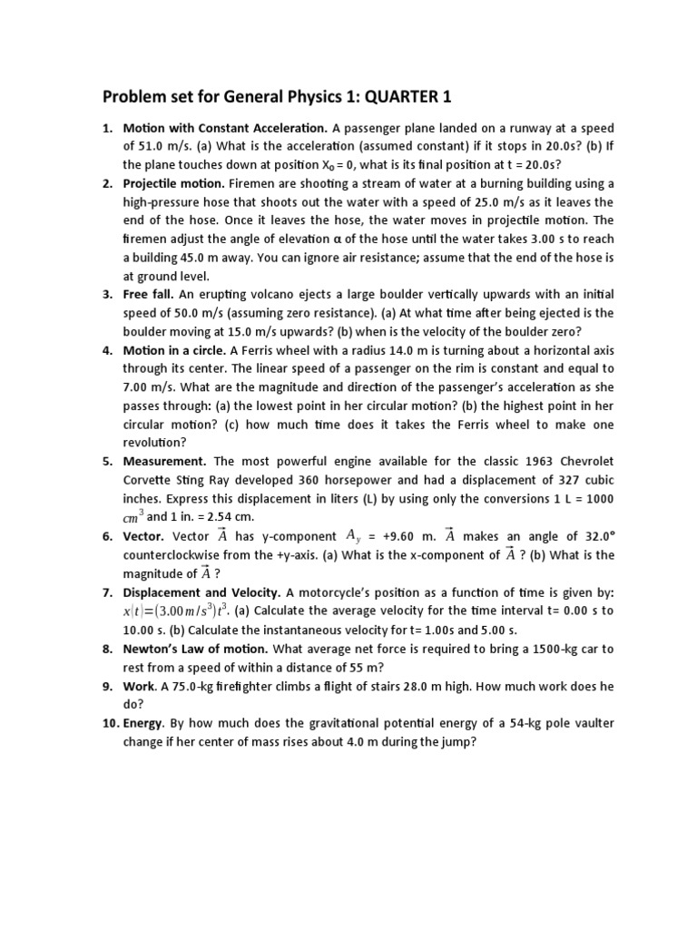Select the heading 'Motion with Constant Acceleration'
224,128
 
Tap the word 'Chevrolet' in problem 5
584,461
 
